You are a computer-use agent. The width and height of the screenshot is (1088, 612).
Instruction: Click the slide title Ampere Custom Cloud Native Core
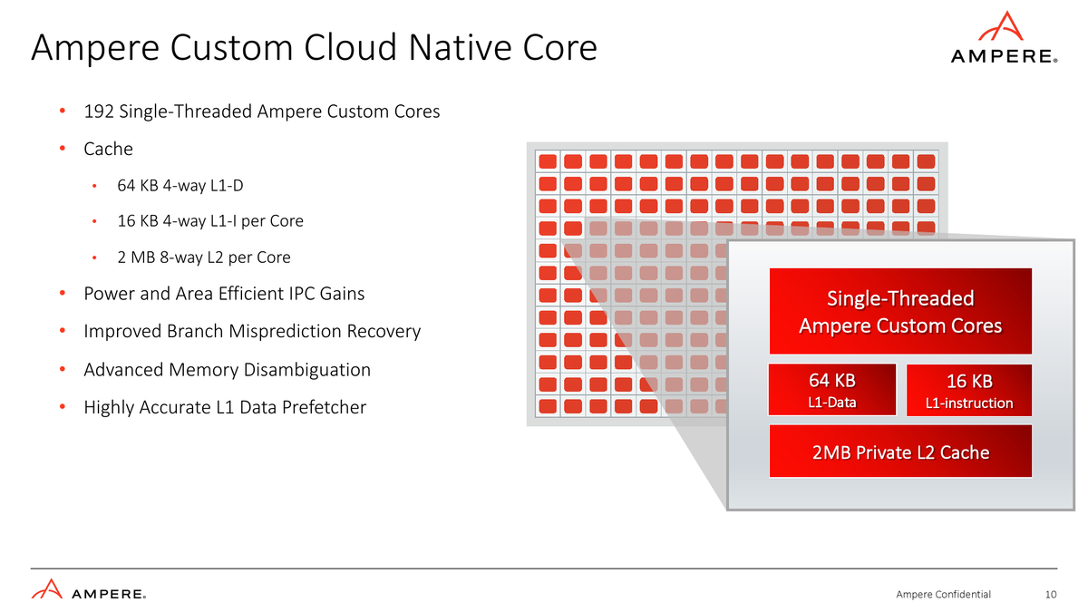point(314,48)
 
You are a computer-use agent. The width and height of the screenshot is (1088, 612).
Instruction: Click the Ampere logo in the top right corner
point(1004,38)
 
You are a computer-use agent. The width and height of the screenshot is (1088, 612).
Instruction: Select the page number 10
point(1051,595)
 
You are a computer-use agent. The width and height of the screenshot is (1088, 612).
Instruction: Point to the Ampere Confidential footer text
point(943,595)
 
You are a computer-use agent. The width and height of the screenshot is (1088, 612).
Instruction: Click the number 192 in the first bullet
point(99,112)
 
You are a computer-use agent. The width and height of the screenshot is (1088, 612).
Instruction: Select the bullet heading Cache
point(108,149)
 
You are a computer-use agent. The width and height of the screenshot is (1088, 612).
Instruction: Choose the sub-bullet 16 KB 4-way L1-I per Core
point(210,221)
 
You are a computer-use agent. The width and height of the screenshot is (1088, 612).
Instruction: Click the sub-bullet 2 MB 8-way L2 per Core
point(204,257)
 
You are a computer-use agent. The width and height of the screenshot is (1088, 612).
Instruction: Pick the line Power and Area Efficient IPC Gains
point(224,294)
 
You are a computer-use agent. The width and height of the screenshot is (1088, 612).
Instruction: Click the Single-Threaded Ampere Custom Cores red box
point(900,311)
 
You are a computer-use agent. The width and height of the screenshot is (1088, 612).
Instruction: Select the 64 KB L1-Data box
point(831,390)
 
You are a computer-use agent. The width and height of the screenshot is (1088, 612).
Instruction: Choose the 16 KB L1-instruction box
point(968,390)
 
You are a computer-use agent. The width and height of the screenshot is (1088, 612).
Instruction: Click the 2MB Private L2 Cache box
point(900,452)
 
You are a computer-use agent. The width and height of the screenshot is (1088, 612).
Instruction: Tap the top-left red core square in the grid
point(548,161)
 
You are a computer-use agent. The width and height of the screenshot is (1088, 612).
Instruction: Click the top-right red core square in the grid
point(926,161)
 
